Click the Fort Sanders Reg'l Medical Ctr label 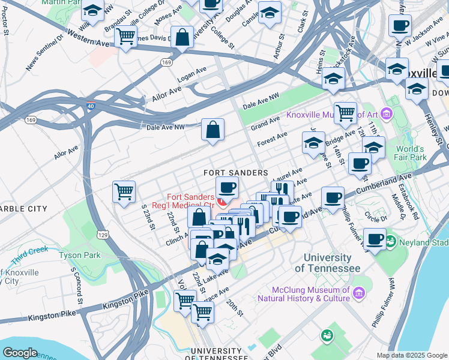pos(190,201)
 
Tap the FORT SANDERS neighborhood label pos(235,173)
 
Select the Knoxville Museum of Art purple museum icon pos(386,113)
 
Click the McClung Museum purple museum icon pos(359,293)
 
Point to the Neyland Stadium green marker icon pos(391,242)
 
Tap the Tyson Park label pos(79,255)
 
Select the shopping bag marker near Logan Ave pos(182,38)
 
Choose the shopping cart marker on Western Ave pos(125,37)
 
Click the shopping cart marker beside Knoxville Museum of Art pos(345,112)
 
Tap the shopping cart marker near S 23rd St pos(124,192)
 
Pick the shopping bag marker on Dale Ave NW pos(212,129)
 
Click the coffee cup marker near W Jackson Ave pos(400,26)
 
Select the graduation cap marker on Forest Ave pos(313,143)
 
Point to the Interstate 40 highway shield pos(90,106)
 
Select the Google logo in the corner pos(20,353)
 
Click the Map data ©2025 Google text pos(411,355)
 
